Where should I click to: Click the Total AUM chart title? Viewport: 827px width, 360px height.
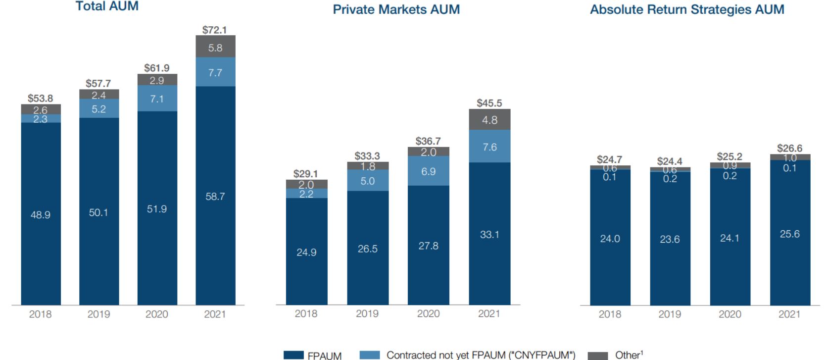point(106,6)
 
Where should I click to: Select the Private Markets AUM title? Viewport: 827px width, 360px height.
point(396,9)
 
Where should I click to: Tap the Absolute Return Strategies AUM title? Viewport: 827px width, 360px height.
point(686,9)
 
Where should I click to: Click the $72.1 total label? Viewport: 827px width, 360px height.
point(215,30)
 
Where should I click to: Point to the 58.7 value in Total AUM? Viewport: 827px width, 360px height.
point(215,197)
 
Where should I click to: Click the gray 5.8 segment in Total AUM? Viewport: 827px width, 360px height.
point(215,47)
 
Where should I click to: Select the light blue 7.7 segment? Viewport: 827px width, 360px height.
point(215,72)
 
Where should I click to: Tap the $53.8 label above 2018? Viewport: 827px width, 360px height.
point(40,99)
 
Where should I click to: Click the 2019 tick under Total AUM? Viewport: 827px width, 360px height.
point(98,314)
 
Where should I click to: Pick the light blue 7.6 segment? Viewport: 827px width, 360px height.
point(489,147)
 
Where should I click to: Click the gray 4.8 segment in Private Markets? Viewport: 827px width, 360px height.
point(489,120)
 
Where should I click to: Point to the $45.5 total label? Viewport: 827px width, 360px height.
point(489,103)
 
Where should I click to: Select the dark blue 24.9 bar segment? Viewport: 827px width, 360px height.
point(306,252)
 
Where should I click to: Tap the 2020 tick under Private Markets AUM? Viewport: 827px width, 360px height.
point(428,313)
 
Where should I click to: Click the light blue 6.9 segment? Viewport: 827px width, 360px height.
point(428,171)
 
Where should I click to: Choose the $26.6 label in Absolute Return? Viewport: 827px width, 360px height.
point(789,148)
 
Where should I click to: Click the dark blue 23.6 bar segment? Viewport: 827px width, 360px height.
point(670,239)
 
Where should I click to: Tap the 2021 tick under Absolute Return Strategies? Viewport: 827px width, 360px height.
point(789,314)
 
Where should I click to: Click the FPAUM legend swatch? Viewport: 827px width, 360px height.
point(293,355)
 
